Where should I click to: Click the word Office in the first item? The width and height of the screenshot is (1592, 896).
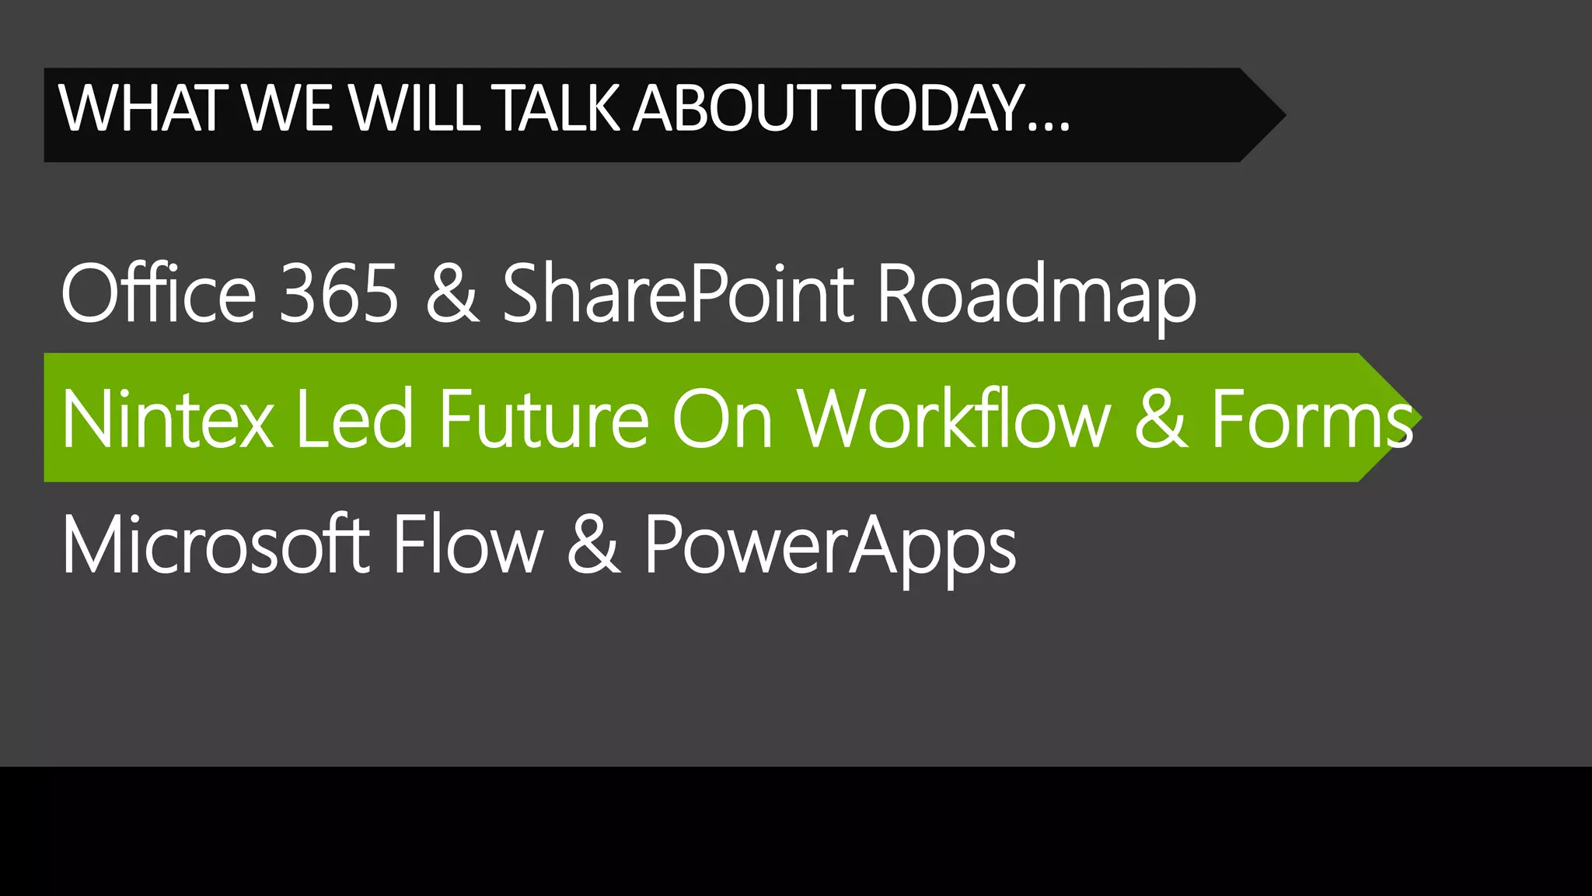tap(159, 292)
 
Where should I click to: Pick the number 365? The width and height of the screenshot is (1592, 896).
tap(339, 294)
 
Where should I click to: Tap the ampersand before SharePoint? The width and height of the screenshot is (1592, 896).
tap(452, 294)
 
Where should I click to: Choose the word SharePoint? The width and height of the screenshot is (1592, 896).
tap(678, 292)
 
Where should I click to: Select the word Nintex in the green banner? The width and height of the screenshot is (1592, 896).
tap(167, 420)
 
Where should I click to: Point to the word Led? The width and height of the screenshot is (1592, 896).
tap(354, 420)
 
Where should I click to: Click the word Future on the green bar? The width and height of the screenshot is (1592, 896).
tap(543, 420)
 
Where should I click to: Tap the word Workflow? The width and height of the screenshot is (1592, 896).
tap(955, 420)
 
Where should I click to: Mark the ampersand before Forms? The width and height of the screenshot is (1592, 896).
tap(1161, 420)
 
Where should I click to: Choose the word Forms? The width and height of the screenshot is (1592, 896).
tap(1312, 420)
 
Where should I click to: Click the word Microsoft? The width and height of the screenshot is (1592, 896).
tap(216, 544)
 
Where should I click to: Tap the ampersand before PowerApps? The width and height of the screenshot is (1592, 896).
tap(593, 544)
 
